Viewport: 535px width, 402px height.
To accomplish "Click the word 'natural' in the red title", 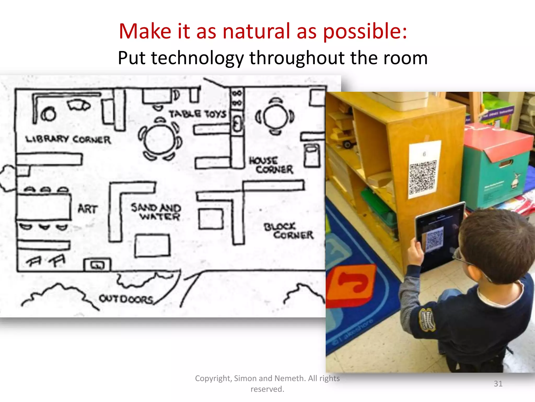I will (x=256, y=31).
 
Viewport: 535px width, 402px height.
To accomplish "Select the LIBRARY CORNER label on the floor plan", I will (x=68, y=139).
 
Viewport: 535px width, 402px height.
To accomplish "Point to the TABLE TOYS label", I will (x=197, y=114).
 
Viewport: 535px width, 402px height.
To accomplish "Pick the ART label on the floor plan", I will (x=88, y=209).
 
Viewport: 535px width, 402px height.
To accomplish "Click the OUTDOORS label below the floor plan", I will (x=126, y=299).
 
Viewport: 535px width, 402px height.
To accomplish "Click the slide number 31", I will (x=498, y=384).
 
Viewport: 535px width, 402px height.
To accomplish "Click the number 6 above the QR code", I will (x=424, y=154).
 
